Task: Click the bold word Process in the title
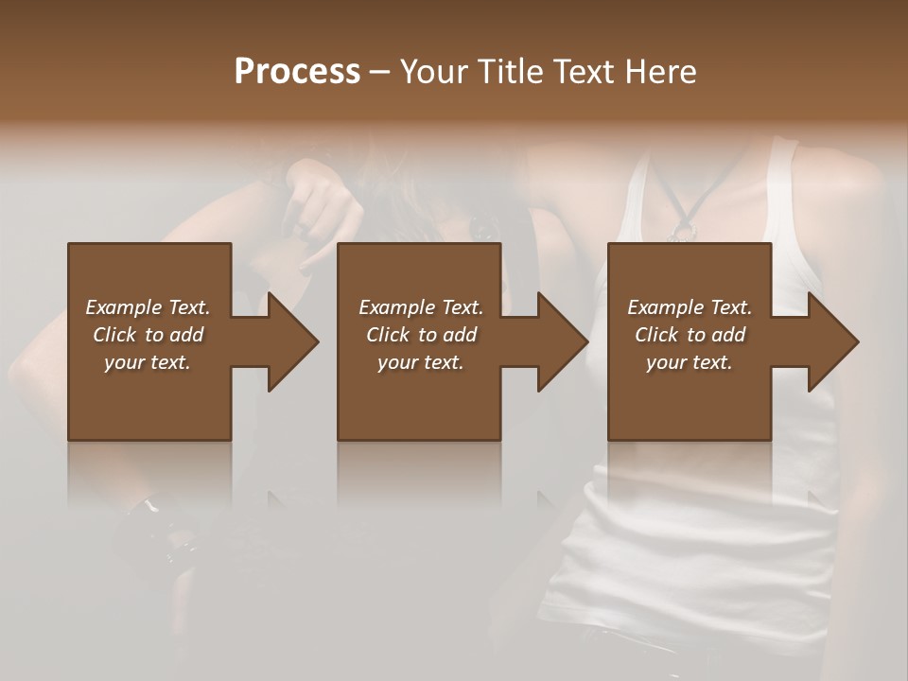[297, 72]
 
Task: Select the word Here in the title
[659, 72]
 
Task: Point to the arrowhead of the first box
[291, 341]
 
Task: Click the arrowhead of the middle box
[562, 341]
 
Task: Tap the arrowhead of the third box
[832, 341]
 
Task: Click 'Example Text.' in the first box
[148, 307]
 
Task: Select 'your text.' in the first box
[148, 362]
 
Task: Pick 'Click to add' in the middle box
[421, 335]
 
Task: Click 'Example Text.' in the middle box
[421, 307]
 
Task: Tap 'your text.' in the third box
[690, 362]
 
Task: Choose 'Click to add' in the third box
[690, 335]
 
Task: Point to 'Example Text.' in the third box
[690, 307]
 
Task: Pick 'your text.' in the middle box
[421, 362]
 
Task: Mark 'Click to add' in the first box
[148, 335]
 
